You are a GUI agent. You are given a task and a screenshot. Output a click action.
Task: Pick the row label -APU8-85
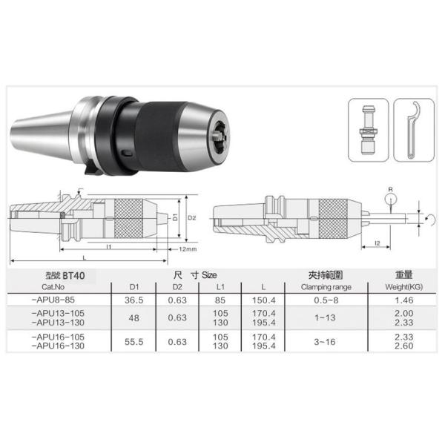[53, 300]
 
